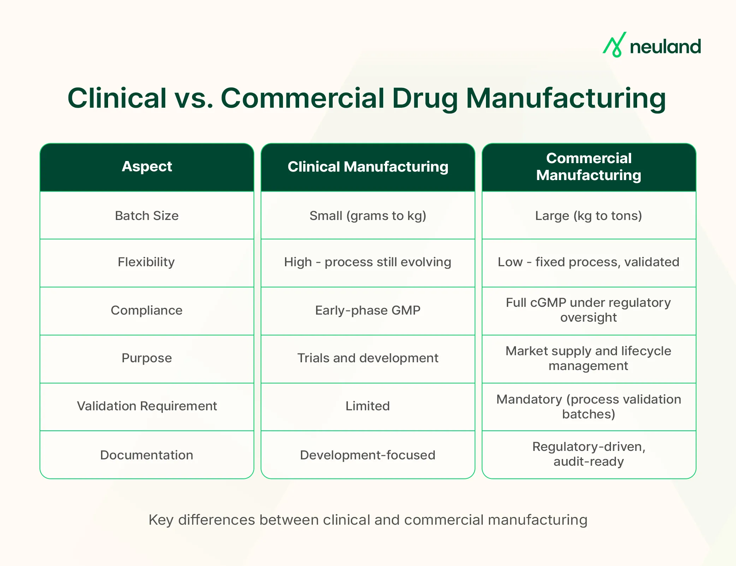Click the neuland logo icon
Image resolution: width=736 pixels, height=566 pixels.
pos(615,45)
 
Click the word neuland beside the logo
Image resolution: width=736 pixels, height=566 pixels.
pos(665,47)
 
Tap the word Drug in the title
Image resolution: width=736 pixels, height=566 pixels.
pos(425,99)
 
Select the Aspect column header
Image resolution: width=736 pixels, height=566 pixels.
pos(147,166)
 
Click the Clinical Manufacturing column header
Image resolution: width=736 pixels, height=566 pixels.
pos(368,167)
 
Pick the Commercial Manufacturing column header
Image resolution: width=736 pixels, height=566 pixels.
pos(589,167)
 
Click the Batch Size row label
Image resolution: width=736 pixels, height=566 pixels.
pos(147,216)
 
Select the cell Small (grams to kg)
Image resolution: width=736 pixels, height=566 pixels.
pos(368,216)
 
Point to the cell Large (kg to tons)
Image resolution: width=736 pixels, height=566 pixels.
pos(588,216)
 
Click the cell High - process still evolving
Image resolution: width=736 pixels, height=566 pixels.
pos(368,262)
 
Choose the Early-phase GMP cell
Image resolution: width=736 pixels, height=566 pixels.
pos(368,310)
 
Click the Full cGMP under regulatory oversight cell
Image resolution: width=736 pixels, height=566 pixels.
pos(588,310)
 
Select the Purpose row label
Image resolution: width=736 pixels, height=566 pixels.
pos(147,358)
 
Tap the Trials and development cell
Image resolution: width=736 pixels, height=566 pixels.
pos(368,358)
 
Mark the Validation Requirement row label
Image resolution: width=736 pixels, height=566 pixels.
pos(147,406)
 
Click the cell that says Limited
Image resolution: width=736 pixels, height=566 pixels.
pos(368,406)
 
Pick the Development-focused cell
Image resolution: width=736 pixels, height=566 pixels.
pos(368,455)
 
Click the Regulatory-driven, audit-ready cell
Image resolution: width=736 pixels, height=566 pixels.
pos(588,454)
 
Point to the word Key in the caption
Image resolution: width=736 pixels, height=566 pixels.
pos(161,520)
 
